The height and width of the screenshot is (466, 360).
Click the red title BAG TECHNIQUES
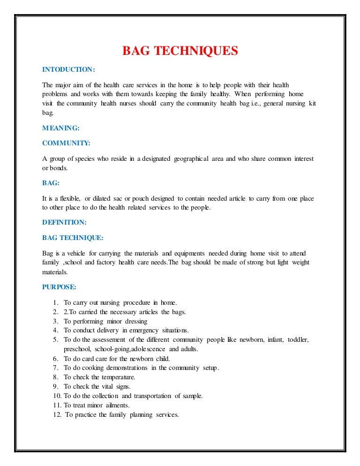point(180,51)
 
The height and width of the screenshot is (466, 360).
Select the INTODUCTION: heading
point(68,69)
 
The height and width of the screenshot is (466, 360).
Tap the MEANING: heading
point(61,127)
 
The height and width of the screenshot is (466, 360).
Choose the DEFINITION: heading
point(64,222)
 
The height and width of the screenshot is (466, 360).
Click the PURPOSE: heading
point(59,286)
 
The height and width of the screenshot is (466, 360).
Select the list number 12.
point(57,415)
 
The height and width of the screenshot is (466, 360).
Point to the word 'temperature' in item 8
point(118,377)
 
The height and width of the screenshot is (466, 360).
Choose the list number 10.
point(57,396)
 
